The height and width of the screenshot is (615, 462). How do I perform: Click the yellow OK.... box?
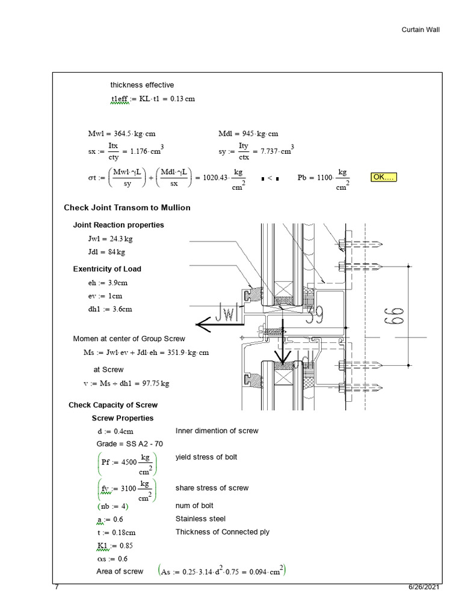[x=384, y=177]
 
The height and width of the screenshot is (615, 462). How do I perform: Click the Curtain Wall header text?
[x=425, y=29]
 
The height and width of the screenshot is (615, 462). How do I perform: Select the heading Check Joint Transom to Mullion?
[x=127, y=208]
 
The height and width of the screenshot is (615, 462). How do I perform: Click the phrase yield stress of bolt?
[x=206, y=457]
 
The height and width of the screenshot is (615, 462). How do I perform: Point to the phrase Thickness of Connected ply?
[x=222, y=532]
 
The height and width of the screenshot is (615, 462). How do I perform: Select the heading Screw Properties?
[x=122, y=418]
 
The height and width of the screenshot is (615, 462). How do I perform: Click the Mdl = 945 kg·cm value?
[x=248, y=134]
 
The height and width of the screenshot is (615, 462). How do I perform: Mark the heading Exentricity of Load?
[x=107, y=269]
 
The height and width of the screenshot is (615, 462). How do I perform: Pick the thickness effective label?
[x=142, y=85]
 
